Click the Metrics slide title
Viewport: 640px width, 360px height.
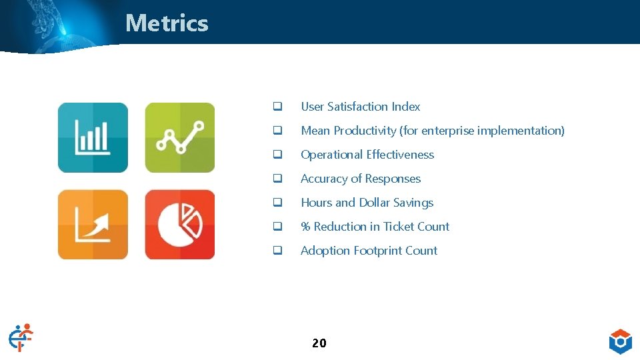coord(167,23)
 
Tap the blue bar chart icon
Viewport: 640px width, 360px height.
coord(93,137)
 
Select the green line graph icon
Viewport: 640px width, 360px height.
coord(180,137)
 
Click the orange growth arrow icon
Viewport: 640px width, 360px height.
coord(93,225)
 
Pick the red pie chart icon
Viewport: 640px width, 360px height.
coord(180,225)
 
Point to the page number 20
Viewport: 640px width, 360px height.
coord(319,343)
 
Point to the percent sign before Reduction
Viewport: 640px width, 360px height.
coord(305,227)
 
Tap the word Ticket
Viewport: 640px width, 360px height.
coord(398,227)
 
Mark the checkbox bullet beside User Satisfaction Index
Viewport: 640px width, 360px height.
coord(276,107)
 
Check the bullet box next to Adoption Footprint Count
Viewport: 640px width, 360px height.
coord(276,251)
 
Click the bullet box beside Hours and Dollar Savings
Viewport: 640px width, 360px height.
coord(276,203)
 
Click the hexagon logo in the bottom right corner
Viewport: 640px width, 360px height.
coord(620,341)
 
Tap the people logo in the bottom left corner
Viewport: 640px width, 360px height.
coord(21,337)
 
